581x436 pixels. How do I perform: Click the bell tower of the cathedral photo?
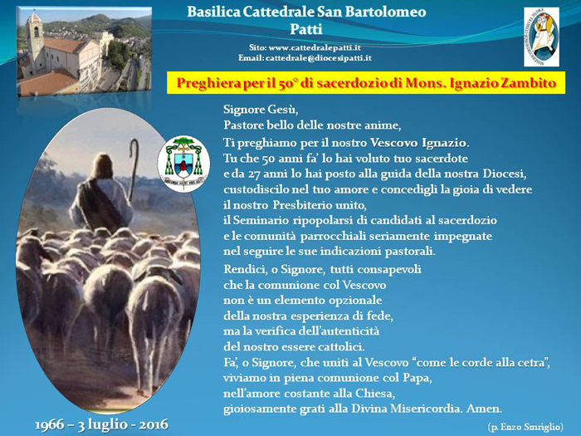click(35, 41)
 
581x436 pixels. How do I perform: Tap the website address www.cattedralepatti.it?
click(315, 48)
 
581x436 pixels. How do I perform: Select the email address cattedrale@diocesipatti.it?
click(319, 58)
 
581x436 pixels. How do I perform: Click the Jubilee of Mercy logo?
click(541, 37)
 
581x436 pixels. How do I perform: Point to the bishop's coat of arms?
click(183, 164)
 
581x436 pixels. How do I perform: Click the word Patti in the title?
click(306, 29)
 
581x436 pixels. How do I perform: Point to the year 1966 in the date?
click(49, 424)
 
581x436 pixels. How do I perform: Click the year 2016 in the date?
click(154, 424)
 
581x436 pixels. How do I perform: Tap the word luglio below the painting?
click(106, 425)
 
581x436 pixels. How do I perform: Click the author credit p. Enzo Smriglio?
click(525, 427)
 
